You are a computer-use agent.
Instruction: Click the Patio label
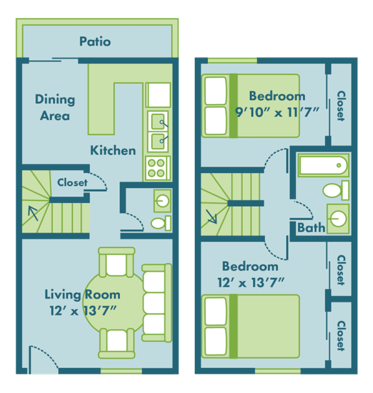click(x=95, y=41)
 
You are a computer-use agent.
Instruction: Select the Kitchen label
click(x=113, y=151)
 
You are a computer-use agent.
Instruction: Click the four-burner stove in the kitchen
click(x=156, y=168)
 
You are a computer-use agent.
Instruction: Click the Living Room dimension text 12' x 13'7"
click(x=82, y=310)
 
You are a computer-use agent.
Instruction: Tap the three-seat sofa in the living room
click(x=155, y=302)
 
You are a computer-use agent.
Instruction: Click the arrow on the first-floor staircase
click(x=32, y=212)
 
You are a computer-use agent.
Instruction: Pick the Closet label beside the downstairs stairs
click(x=72, y=183)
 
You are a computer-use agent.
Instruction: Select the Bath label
click(x=311, y=228)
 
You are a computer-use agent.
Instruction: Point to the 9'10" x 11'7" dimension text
click(x=277, y=111)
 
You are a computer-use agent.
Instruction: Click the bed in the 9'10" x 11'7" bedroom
click(x=251, y=105)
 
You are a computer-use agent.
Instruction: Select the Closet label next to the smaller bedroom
click(x=341, y=106)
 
